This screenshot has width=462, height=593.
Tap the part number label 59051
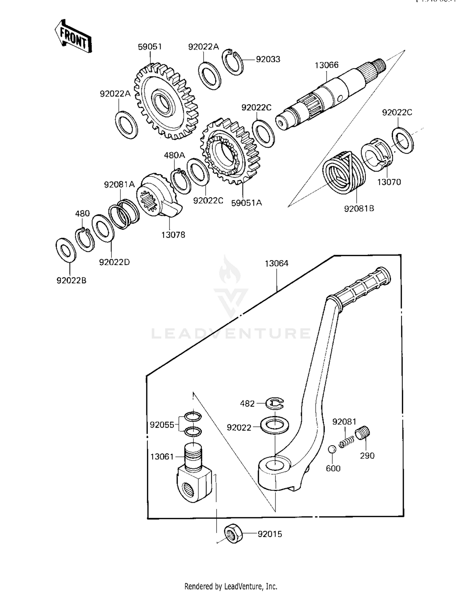pyautogui.click(x=150, y=47)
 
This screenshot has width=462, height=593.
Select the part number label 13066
pyautogui.click(x=326, y=65)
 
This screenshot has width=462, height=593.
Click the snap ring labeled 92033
pyautogui.click(x=233, y=62)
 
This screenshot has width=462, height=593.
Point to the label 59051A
pyautogui.click(x=246, y=203)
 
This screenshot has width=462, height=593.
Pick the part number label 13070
pyautogui.click(x=389, y=182)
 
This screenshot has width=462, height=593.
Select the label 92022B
pyautogui.click(x=71, y=280)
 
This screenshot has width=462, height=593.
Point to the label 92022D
pyautogui.click(x=114, y=262)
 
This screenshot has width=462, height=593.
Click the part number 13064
pyautogui.click(x=277, y=264)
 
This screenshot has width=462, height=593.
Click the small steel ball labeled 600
pyautogui.click(x=332, y=449)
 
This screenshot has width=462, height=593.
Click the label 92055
pyautogui.click(x=162, y=425)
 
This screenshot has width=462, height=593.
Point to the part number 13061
pyautogui.click(x=162, y=457)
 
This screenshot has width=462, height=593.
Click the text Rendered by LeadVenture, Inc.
pyautogui.click(x=231, y=586)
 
